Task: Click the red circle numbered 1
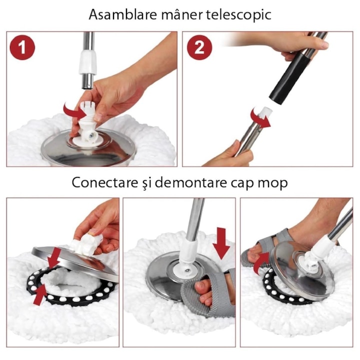click(x=22, y=48)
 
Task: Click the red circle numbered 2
click(x=199, y=48)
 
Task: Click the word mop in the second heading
click(x=273, y=182)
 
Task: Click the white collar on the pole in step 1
click(x=87, y=62)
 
